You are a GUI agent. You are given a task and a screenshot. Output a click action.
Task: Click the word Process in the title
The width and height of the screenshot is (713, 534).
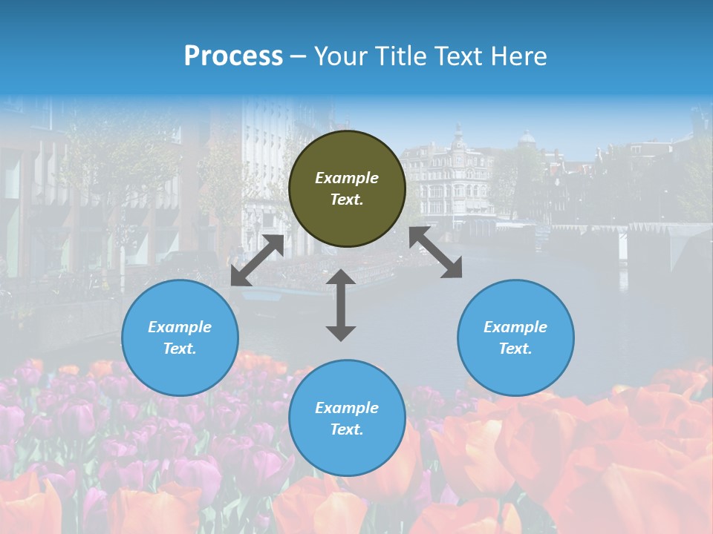pyautogui.click(x=233, y=56)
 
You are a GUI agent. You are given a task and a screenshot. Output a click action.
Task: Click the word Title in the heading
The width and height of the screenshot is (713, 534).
pyautogui.click(x=397, y=56)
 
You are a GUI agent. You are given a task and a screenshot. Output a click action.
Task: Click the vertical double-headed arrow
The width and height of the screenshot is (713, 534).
pyautogui.click(x=341, y=305)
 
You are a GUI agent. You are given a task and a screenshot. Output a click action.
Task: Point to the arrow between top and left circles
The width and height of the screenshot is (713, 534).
pyautogui.click(x=257, y=260)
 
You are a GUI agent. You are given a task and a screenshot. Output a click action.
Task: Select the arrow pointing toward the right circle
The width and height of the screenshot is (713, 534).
pyautogui.click(x=436, y=253)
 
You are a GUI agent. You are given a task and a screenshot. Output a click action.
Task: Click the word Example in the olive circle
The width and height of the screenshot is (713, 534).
pyautogui.click(x=347, y=178)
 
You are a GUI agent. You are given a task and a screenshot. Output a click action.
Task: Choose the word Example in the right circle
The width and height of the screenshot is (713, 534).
pyautogui.click(x=515, y=327)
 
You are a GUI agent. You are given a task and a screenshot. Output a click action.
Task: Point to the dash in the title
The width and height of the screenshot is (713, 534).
pyautogui.click(x=299, y=57)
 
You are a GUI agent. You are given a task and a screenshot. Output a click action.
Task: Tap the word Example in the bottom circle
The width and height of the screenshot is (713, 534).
pyautogui.click(x=347, y=408)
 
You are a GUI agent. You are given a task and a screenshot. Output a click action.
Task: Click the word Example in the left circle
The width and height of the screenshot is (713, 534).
pyautogui.click(x=180, y=327)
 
